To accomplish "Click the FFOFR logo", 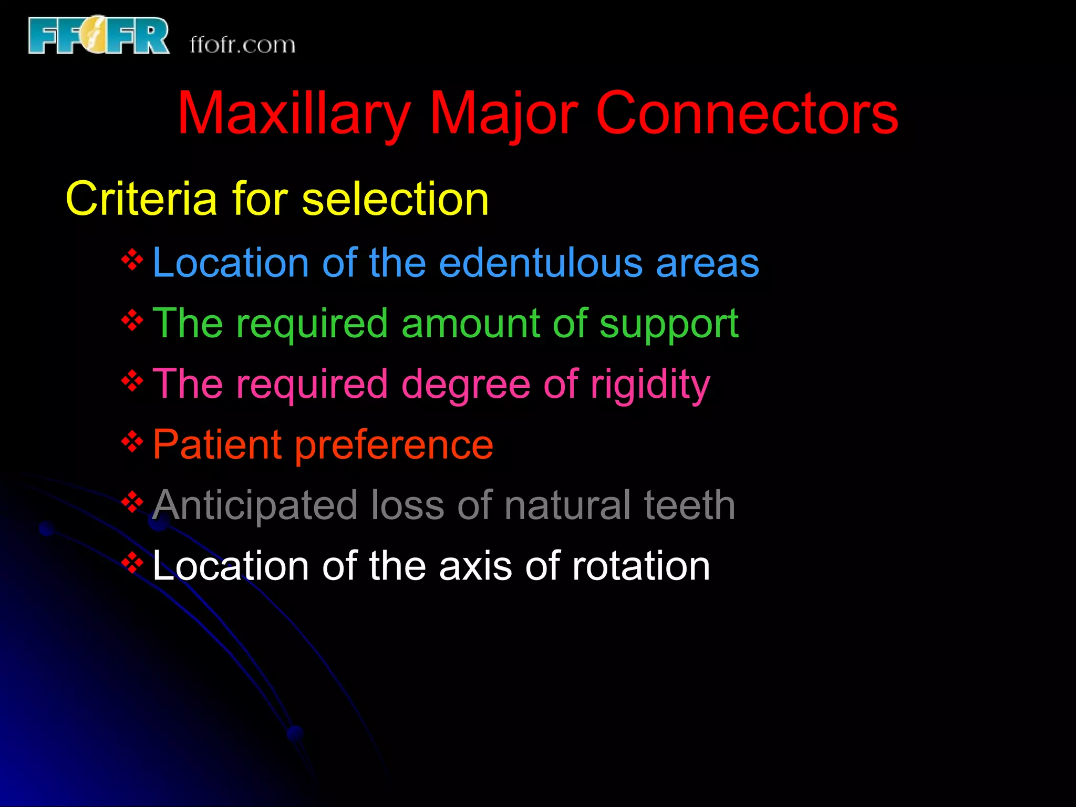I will click(98, 36).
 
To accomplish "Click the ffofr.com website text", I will click(242, 45).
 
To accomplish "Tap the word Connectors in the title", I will click(747, 113).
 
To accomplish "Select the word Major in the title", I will click(503, 113).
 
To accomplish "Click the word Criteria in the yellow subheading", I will click(141, 199).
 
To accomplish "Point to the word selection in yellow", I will click(395, 199).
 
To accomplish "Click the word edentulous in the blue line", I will click(541, 263).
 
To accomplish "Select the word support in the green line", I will click(669, 324).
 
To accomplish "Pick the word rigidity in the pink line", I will click(650, 385).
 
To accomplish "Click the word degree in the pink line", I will click(465, 385).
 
